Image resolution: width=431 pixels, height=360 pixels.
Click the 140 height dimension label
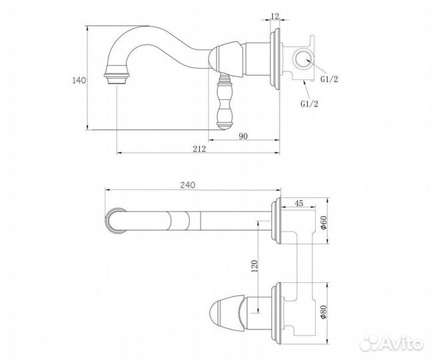point(79,81)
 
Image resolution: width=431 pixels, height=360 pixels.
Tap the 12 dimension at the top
point(275,16)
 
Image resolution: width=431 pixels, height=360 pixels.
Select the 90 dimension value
point(243,136)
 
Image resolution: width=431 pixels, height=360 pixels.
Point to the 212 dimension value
point(199,149)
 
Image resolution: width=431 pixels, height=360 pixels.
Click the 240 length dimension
point(188,185)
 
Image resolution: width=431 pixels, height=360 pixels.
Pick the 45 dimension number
point(299,203)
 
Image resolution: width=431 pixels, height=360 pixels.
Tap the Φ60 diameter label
point(324,223)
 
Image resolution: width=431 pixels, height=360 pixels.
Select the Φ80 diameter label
point(324,311)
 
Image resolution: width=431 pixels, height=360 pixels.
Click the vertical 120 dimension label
point(255,266)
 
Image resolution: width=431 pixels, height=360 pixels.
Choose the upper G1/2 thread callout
point(329,79)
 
